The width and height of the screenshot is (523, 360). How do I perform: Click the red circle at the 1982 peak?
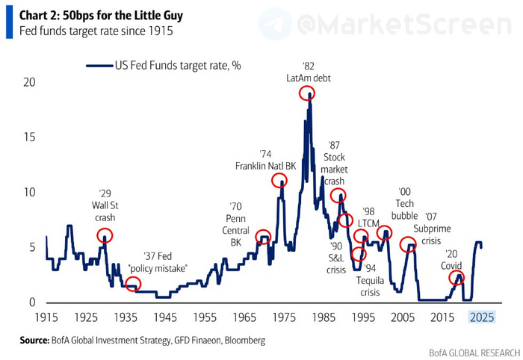[307, 93]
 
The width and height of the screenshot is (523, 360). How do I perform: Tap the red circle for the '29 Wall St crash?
[105, 235]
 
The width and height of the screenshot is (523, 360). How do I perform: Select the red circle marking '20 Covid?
[457, 278]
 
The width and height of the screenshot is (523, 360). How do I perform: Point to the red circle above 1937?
[132, 284]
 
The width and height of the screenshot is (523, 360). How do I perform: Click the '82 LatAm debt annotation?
[308, 72]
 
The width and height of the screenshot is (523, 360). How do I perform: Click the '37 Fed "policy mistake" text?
[158, 262]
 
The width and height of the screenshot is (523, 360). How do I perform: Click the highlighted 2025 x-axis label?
[481, 317]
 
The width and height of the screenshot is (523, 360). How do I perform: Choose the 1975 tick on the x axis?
[283, 317]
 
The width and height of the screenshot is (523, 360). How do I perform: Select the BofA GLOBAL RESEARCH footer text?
[473, 352]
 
